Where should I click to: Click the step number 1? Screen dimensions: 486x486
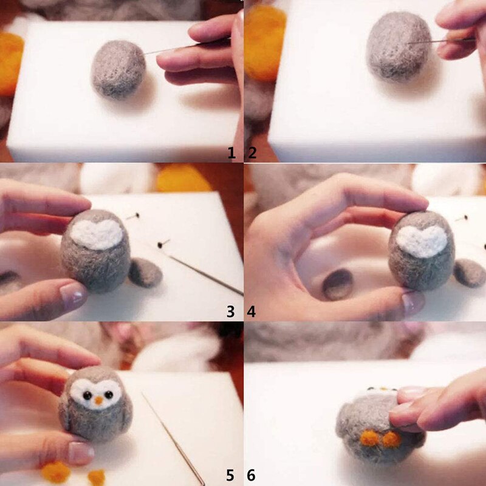231,153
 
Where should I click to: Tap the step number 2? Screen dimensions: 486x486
252,153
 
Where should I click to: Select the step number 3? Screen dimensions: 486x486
231,312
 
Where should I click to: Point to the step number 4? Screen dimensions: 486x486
252,312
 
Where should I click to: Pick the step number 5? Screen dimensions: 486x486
230,475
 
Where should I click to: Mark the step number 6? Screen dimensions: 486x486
252,475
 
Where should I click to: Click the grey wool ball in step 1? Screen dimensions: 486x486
118,69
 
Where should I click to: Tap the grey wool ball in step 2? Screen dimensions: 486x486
399,47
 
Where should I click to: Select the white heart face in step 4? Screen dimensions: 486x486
422,241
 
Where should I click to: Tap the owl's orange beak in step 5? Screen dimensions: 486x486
98,400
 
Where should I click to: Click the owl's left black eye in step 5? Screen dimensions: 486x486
87,395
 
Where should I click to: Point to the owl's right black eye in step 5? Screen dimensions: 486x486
109,394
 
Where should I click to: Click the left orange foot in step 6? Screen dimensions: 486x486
369,437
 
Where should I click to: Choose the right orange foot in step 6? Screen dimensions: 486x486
392,439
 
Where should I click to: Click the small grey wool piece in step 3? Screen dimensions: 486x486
145,272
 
